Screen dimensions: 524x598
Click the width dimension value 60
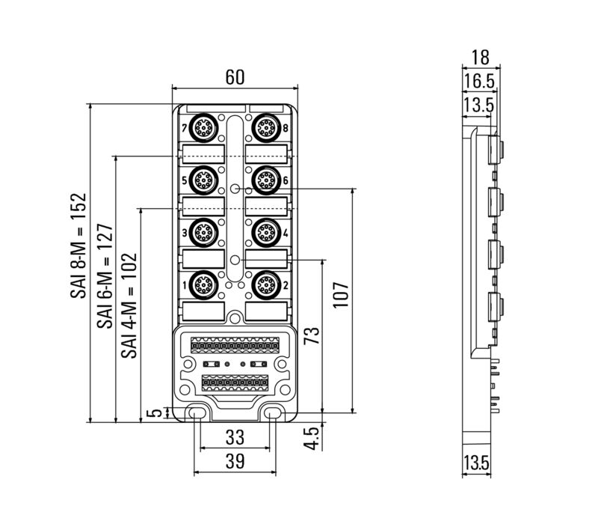(x=235, y=77)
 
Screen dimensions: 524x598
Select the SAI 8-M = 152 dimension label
(x=79, y=246)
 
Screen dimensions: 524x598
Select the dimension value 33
(x=235, y=437)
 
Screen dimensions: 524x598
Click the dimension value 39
(x=235, y=463)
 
